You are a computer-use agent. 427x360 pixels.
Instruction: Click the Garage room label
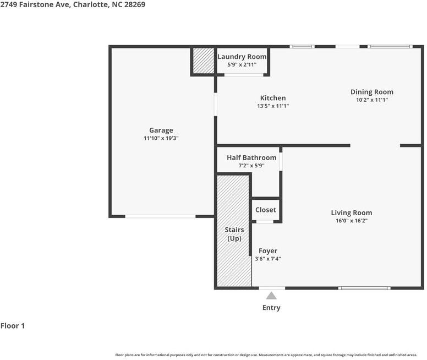pyautogui.click(x=161, y=130)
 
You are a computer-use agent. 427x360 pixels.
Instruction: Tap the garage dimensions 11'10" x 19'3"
pyautogui.click(x=161, y=139)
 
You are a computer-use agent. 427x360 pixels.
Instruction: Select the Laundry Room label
pyautogui.click(x=242, y=57)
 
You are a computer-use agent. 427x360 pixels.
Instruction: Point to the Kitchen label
pyautogui.click(x=273, y=98)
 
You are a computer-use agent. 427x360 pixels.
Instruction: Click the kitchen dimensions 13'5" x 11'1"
pyautogui.click(x=273, y=106)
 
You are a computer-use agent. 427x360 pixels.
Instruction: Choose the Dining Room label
pyautogui.click(x=372, y=92)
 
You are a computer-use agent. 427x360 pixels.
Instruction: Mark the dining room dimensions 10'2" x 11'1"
pyautogui.click(x=372, y=100)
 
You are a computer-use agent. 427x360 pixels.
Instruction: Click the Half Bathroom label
pyautogui.click(x=251, y=157)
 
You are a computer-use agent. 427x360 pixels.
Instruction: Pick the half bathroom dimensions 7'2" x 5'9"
pyautogui.click(x=251, y=166)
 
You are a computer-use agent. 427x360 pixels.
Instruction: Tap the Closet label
pyautogui.click(x=266, y=210)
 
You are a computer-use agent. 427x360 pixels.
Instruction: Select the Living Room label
pyautogui.click(x=351, y=212)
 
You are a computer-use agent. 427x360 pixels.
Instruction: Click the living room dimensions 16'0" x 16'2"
pyautogui.click(x=351, y=221)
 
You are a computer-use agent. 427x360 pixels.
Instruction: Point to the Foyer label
pyautogui.click(x=268, y=251)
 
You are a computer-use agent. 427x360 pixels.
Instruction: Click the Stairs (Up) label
pyautogui.click(x=234, y=234)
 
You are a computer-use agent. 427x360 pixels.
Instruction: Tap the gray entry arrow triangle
pyautogui.click(x=271, y=296)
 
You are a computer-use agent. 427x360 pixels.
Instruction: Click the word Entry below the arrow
pyautogui.click(x=271, y=308)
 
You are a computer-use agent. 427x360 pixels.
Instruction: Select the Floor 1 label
pyautogui.click(x=13, y=326)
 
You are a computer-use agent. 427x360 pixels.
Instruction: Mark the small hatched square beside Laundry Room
pyautogui.click(x=203, y=61)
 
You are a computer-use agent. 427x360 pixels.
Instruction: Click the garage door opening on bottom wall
pyautogui.click(x=160, y=216)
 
